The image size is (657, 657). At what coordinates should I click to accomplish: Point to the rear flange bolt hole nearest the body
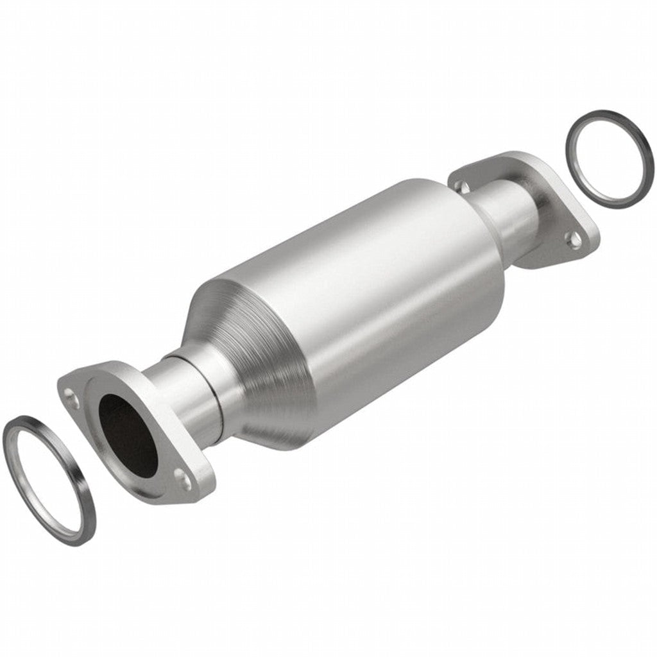461,185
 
